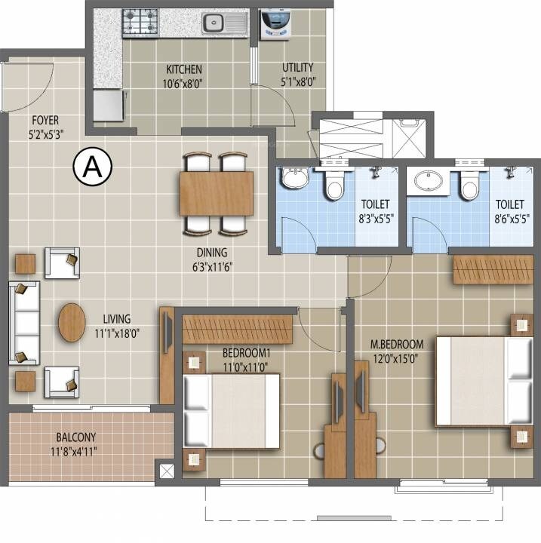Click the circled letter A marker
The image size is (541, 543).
pos(93,167)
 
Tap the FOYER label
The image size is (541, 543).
pos(45,120)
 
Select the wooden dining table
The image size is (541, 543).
pos(217,194)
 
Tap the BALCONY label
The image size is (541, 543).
pos(75,437)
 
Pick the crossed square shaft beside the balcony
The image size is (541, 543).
pos(166,472)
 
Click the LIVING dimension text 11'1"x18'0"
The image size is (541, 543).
pos(118,332)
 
